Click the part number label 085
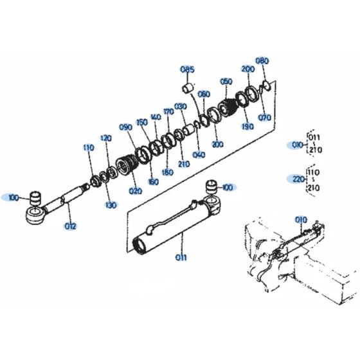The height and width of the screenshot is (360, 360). coord(187,69)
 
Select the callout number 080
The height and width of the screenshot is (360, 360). coord(262,61)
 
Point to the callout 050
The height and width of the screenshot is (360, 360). coord(226,82)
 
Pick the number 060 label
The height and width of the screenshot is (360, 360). coord(203,94)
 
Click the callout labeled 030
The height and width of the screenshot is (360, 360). coord(180,106)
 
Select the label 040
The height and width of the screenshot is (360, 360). coord(199,154)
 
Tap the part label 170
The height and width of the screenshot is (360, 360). coord(168,111)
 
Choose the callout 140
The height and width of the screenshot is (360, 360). coord(155,117)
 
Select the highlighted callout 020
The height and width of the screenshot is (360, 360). coord(135,191)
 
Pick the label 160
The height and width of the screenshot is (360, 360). coord(154,182)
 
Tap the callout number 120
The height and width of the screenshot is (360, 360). coord(105,138)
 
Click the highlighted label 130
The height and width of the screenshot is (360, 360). coord(111,205)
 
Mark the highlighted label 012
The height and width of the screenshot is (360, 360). coord(70,226)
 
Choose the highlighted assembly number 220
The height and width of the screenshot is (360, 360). coord(297,179)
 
